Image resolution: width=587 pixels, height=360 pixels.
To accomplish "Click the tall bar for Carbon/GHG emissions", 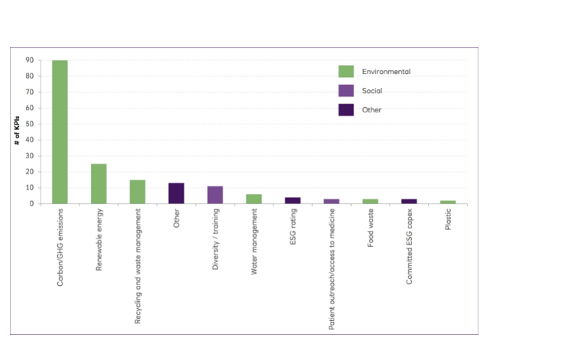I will (x=60, y=131).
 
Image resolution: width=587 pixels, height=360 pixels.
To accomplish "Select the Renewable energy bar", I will (x=99, y=183).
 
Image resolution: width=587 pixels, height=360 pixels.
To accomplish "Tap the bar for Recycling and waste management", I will (x=138, y=192).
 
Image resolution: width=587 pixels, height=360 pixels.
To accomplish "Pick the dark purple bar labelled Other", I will (x=177, y=193).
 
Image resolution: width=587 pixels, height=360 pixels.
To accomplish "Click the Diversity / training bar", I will (x=215, y=195).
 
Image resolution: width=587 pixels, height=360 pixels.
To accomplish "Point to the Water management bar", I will (x=254, y=199).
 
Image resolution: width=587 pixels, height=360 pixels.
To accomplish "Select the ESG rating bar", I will (x=293, y=200).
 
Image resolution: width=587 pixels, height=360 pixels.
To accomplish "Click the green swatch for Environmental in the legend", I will (x=346, y=71).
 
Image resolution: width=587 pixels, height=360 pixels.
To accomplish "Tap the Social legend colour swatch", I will (x=346, y=90).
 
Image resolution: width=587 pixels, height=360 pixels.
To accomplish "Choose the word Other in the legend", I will (x=371, y=109).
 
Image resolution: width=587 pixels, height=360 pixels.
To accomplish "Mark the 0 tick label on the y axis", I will (x=31, y=204).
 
